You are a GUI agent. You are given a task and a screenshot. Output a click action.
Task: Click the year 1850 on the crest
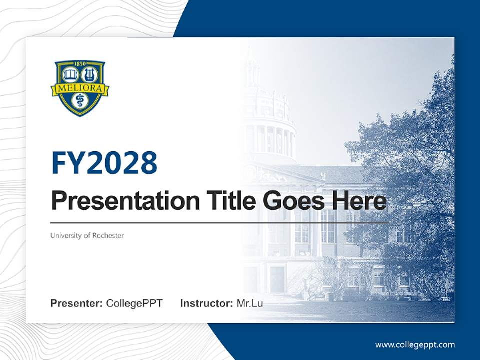(x=80, y=64)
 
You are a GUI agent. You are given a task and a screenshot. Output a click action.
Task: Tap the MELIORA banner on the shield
(x=80, y=88)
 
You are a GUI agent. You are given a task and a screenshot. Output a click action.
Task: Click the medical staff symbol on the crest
(x=80, y=101)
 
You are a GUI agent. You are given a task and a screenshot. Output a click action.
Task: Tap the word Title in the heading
(x=225, y=201)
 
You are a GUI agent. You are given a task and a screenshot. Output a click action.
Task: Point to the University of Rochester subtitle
(x=87, y=235)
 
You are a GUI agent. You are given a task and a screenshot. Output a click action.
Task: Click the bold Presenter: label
(x=77, y=303)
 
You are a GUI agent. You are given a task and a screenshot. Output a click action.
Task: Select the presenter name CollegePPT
(x=134, y=303)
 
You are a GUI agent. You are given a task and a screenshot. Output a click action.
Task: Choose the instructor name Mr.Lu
(x=250, y=303)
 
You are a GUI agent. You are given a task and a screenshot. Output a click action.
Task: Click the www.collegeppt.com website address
(x=415, y=345)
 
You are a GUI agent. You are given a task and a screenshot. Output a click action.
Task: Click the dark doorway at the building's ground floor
(x=277, y=279)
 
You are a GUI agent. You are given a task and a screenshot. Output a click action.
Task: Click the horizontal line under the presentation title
(x=220, y=222)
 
